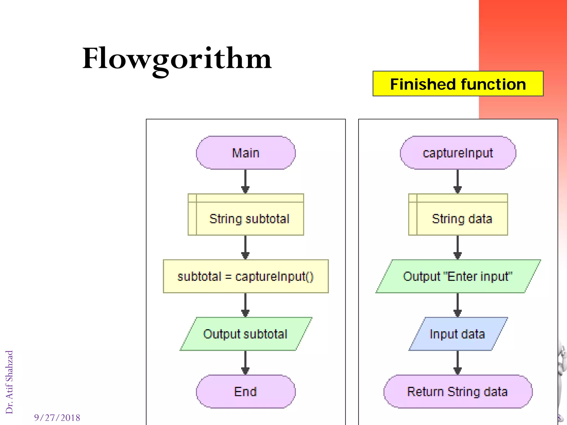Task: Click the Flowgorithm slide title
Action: tap(177, 59)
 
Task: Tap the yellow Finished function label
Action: tap(458, 84)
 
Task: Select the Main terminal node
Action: tap(246, 153)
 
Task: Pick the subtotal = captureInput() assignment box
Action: tap(246, 276)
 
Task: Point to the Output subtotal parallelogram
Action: tap(246, 334)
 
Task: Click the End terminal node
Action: tap(246, 392)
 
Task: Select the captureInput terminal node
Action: tap(458, 153)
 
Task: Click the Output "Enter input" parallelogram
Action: tap(458, 276)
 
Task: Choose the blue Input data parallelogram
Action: tap(458, 334)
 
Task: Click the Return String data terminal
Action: tap(458, 392)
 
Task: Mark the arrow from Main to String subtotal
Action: tap(245, 182)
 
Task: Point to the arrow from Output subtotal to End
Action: tap(245, 363)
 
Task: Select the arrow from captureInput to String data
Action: tap(458, 182)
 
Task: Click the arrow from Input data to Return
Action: tap(458, 363)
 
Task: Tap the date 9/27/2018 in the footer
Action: tap(57, 418)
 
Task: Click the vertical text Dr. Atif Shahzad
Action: tap(9, 382)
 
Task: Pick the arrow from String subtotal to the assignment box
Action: tap(245, 247)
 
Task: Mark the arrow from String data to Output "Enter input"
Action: tap(458, 247)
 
